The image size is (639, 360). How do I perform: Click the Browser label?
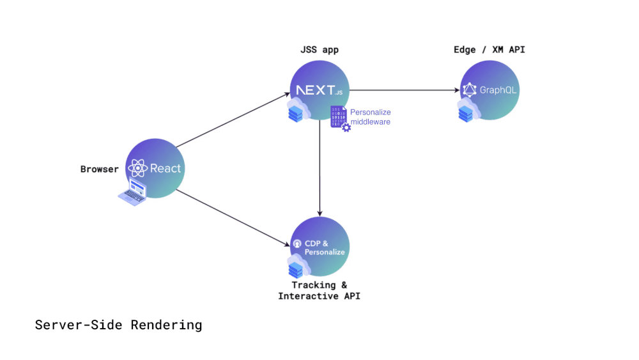pos(99,169)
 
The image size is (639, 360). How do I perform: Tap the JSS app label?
pos(319,50)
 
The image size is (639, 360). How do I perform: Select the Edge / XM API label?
pos(489,50)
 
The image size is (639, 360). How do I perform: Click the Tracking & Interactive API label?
pos(319,291)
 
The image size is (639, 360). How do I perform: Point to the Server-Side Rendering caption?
pos(118,325)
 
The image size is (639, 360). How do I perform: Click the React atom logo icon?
pos(137,169)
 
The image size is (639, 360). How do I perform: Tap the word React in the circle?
pos(166,169)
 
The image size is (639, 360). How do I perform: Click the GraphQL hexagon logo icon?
pos(470,90)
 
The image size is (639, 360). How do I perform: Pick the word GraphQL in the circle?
pos(498,90)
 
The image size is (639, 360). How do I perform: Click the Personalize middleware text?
pos(370,117)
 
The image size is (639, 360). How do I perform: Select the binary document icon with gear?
pos(339,118)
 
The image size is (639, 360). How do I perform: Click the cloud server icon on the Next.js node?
pos(298,111)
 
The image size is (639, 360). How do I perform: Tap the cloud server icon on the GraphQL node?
pos(468,111)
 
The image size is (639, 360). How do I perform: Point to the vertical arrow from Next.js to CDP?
pos(319,166)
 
